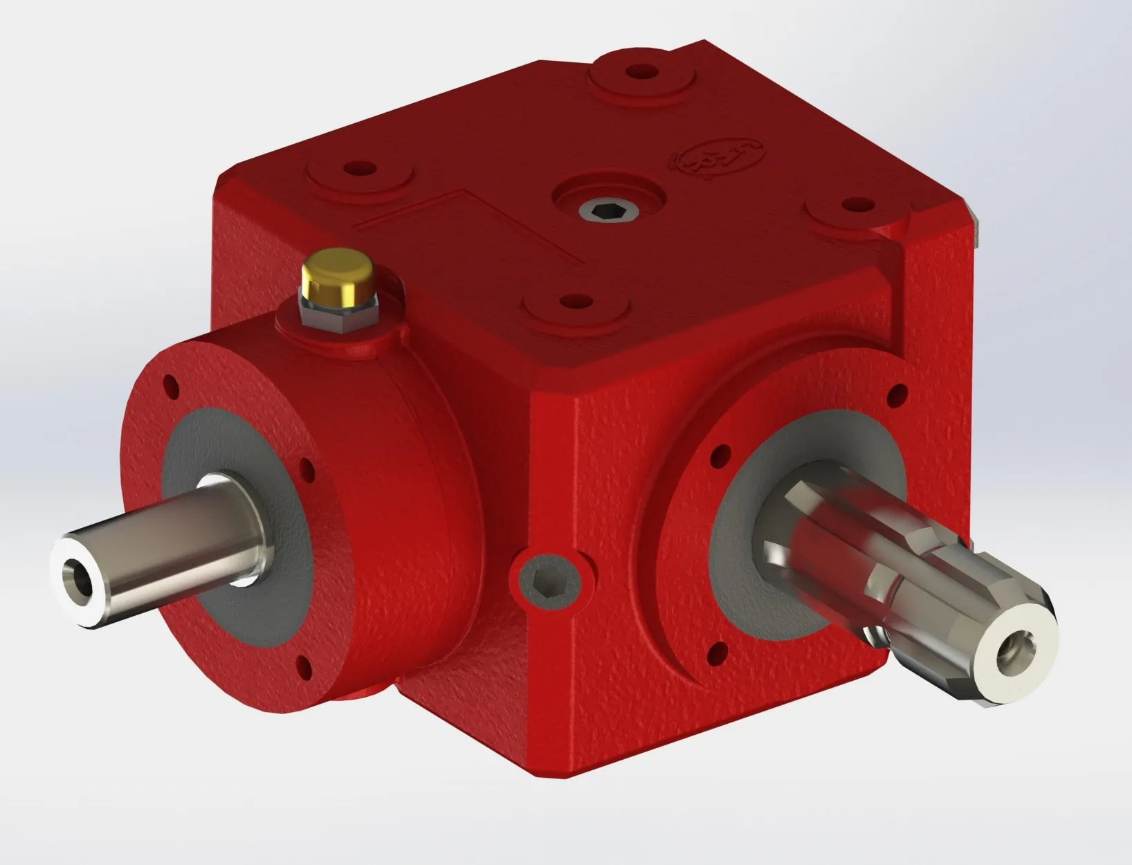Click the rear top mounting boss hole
tap(642, 71)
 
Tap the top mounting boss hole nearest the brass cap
tap(360, 168)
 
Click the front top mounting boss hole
tap(570, 302)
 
